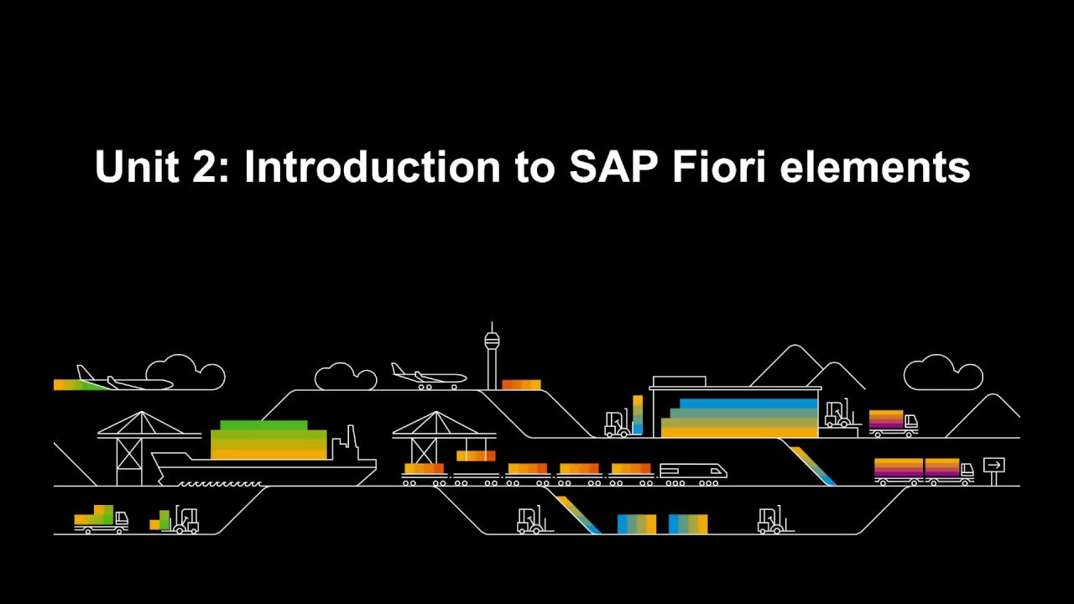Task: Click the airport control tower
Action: (x=492, y=357)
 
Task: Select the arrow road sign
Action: (x=993, y=466)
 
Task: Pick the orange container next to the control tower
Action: (x=521, y=385)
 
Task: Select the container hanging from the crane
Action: (x=476, y=456)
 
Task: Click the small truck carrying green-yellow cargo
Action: (x=101, y=520)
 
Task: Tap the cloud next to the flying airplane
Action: (x=185, y=373)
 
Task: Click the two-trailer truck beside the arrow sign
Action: (x=923, y=471)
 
